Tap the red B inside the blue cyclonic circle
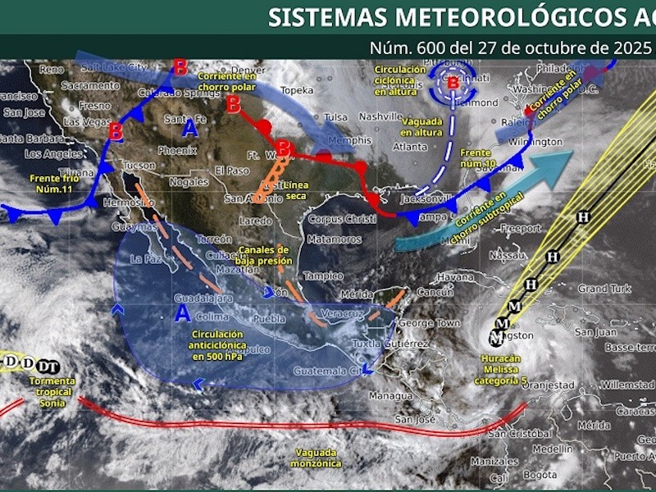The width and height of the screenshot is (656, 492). (x=453, y=82)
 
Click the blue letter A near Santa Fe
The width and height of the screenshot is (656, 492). (x=191, y=128)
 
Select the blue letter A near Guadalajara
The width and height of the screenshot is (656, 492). (x=182, y=313)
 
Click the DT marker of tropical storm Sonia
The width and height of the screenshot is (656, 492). (x=48, y=365)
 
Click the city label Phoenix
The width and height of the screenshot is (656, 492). (x=178, y=151)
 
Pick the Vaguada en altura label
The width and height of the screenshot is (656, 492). (x=421, y=127)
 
